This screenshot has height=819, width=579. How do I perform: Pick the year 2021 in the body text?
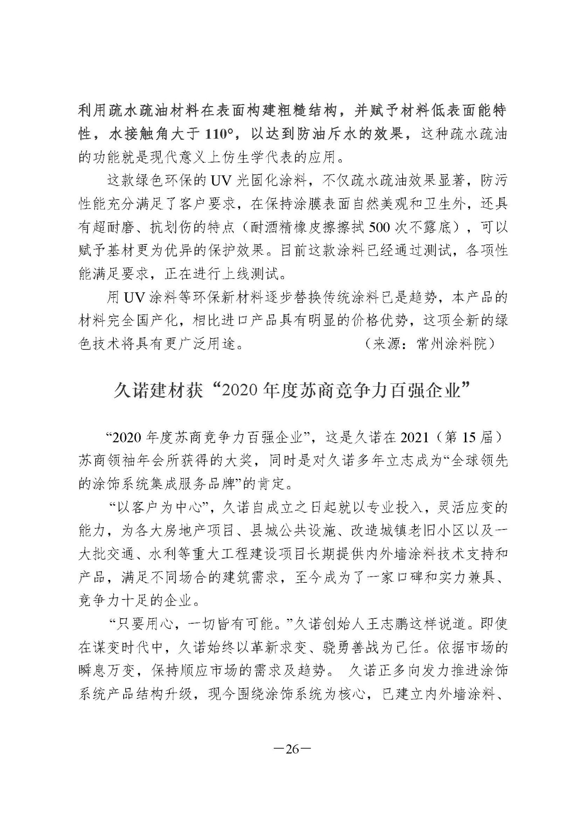pos(415,438)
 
